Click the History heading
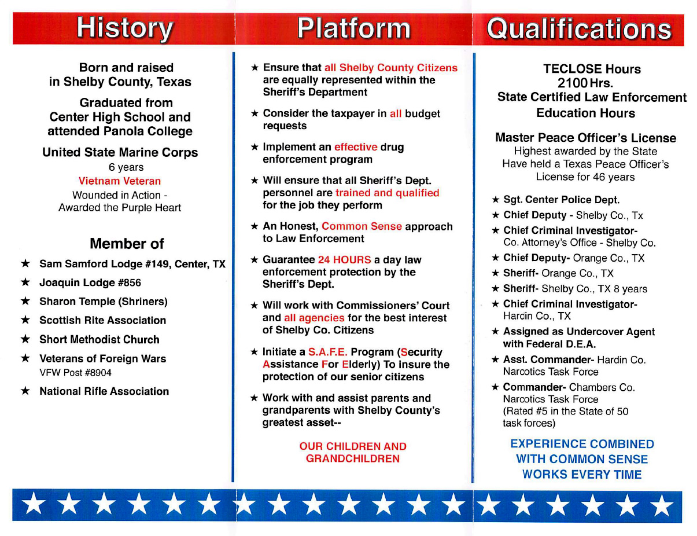pyautogui.click(x=125, y=28)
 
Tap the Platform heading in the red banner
pyautogui.click(x=354, y=28)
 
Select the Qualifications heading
pyautogui.click(x=579, y=29)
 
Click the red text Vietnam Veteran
pyautogui.click(x=120, y=181)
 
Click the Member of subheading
pyautogui.click(x=127, y=244)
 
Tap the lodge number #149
pyautogui.click(x=161, y=264)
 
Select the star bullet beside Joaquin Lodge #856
pyautogui.click(x=25, y=282)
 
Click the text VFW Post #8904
pyautogui.click(x=75, y=373)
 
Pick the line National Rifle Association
pyautogui.click(x=104, y=391)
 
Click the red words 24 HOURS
pyautogui.click(x=345, y=260)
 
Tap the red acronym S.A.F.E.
pyautogui.click(x=328, y=352)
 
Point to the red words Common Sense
pyautogui.click(x=362, y=226)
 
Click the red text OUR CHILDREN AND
pyautogui.click(x=353, y=446)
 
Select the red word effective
pyautogui.click(x=356, y=147)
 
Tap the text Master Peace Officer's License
pyautogui.click(x=585, y=138)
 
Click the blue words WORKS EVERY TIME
pyautogui.click(x=582, y=475)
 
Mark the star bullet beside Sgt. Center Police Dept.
pyautogui.click(x=496, y=200)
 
